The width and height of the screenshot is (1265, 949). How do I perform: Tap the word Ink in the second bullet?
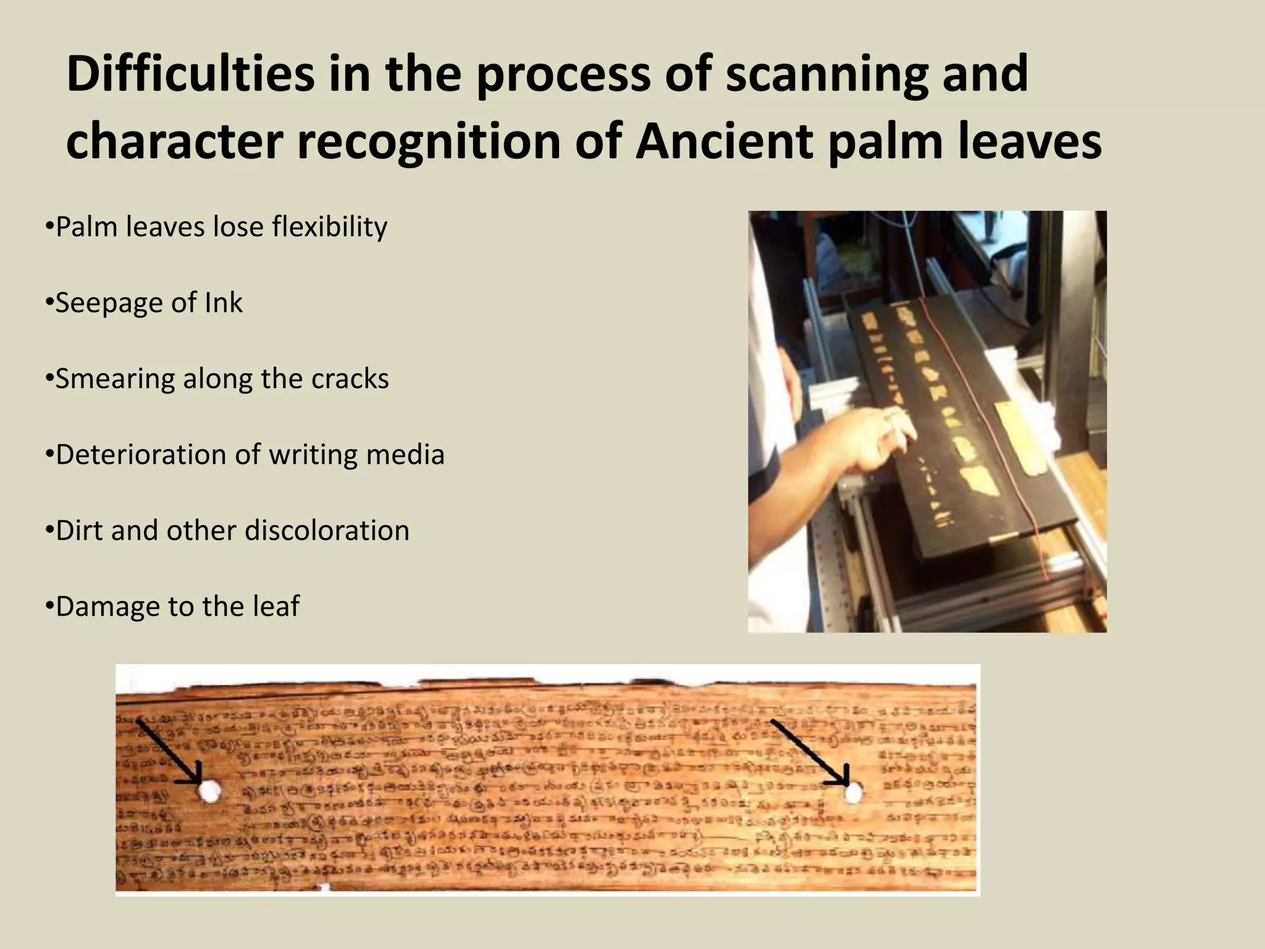(x=225, y=303)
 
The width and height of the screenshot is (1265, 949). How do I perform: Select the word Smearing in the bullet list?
(x=114, y=379)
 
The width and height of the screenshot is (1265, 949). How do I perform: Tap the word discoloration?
(x=327, y=531)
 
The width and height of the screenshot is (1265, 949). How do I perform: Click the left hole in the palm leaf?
(x=209, y=790)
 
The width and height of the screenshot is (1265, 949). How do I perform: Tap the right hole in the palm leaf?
(x=854, y=792)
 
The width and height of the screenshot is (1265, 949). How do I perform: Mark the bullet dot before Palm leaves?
(x=49, y=227)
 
